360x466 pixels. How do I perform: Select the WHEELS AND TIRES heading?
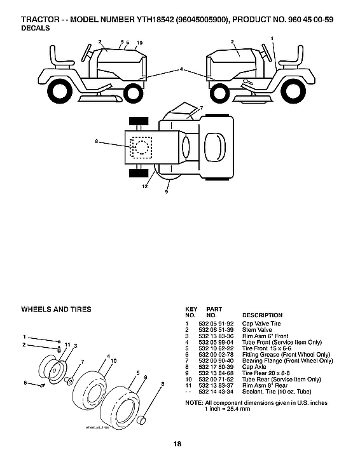[x=56, y=310]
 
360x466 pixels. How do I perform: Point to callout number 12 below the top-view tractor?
[x=146, y=186]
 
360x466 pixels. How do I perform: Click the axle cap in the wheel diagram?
[x=144, y=420]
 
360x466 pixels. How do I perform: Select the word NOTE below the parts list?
[x=193, y=403]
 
